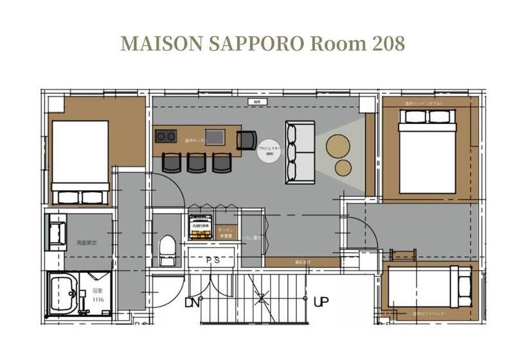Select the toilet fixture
167,250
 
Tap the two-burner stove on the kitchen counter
166,136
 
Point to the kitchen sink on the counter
215,137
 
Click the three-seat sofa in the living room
300,152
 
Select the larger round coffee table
339,146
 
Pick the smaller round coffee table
344,167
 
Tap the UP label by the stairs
321,301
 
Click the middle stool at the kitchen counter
197,162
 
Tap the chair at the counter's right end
246,139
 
